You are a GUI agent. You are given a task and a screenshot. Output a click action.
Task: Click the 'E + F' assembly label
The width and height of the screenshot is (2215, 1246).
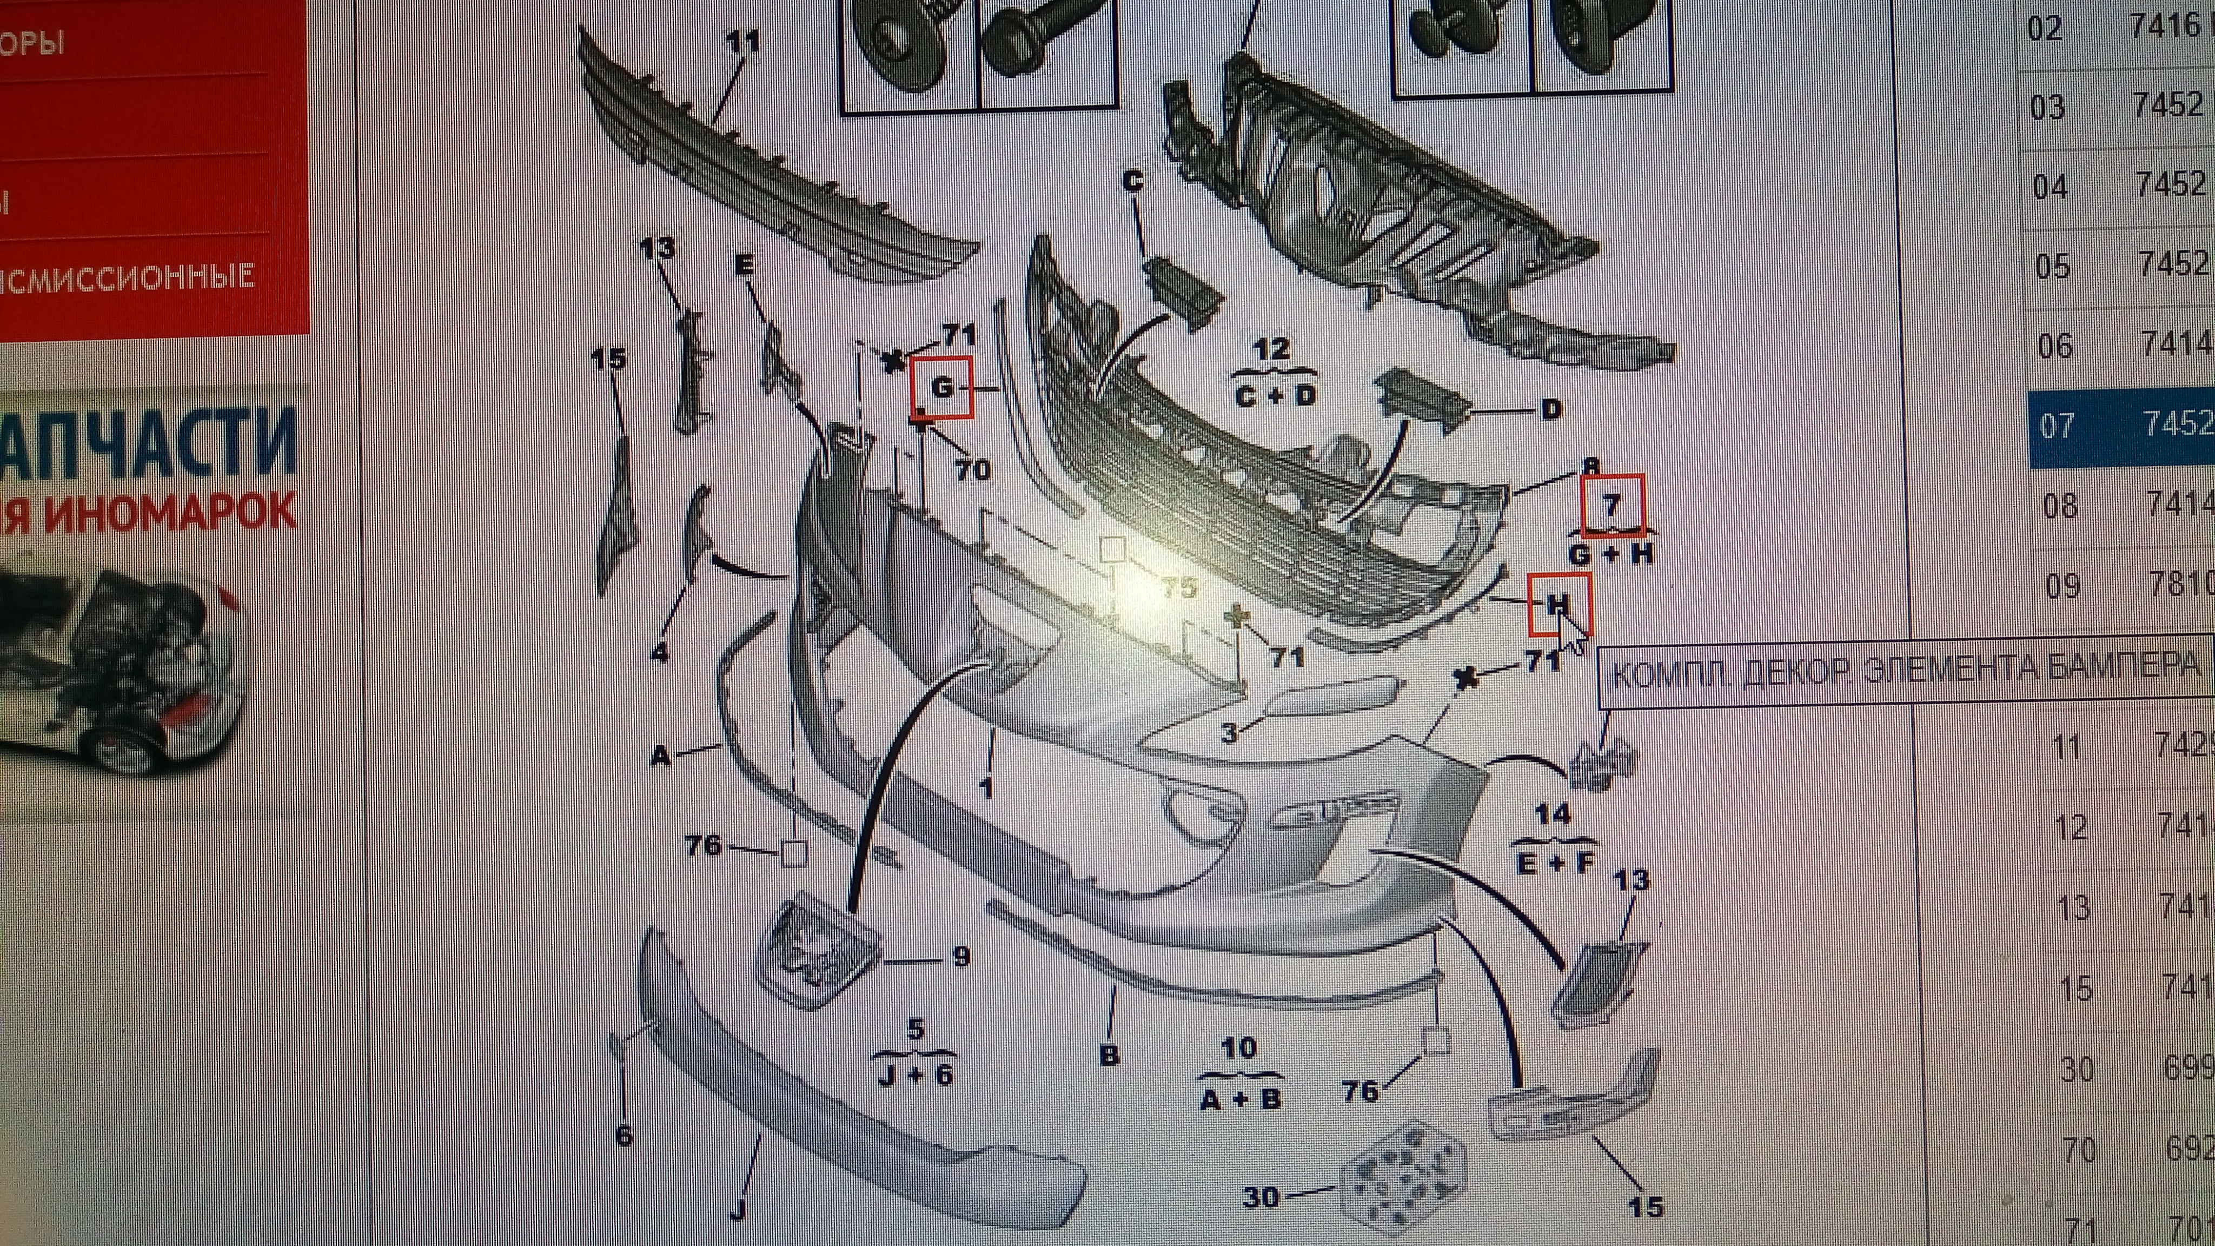pyautogui.click(x=1555, y=864)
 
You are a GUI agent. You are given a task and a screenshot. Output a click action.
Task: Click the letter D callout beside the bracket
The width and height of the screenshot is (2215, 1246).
pyautogui.click(x=1550, y=410)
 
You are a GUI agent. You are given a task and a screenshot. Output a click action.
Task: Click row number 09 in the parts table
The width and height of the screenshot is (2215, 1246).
pyautogui.click(x=2062, y=586)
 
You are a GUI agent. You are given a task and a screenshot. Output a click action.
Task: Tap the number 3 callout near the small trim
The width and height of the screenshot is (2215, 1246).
pyautogui.click(x=1230, y=733)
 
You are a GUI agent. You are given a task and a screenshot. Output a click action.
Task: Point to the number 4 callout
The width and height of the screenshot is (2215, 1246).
pyautogui.click(x=660, y=653)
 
